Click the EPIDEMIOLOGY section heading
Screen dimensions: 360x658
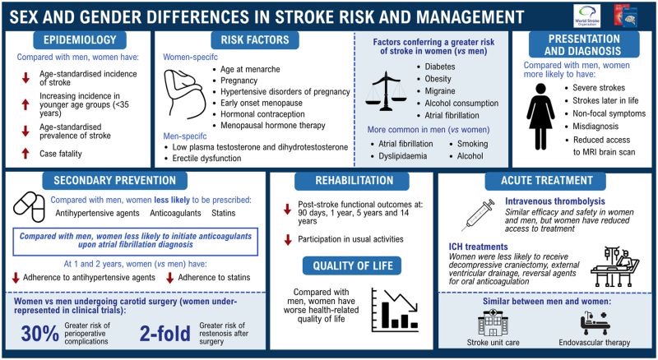[x=79, y=39]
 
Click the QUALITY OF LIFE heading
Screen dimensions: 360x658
[x=351, y=265]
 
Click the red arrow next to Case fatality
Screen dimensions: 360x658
[x=25, y=153]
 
